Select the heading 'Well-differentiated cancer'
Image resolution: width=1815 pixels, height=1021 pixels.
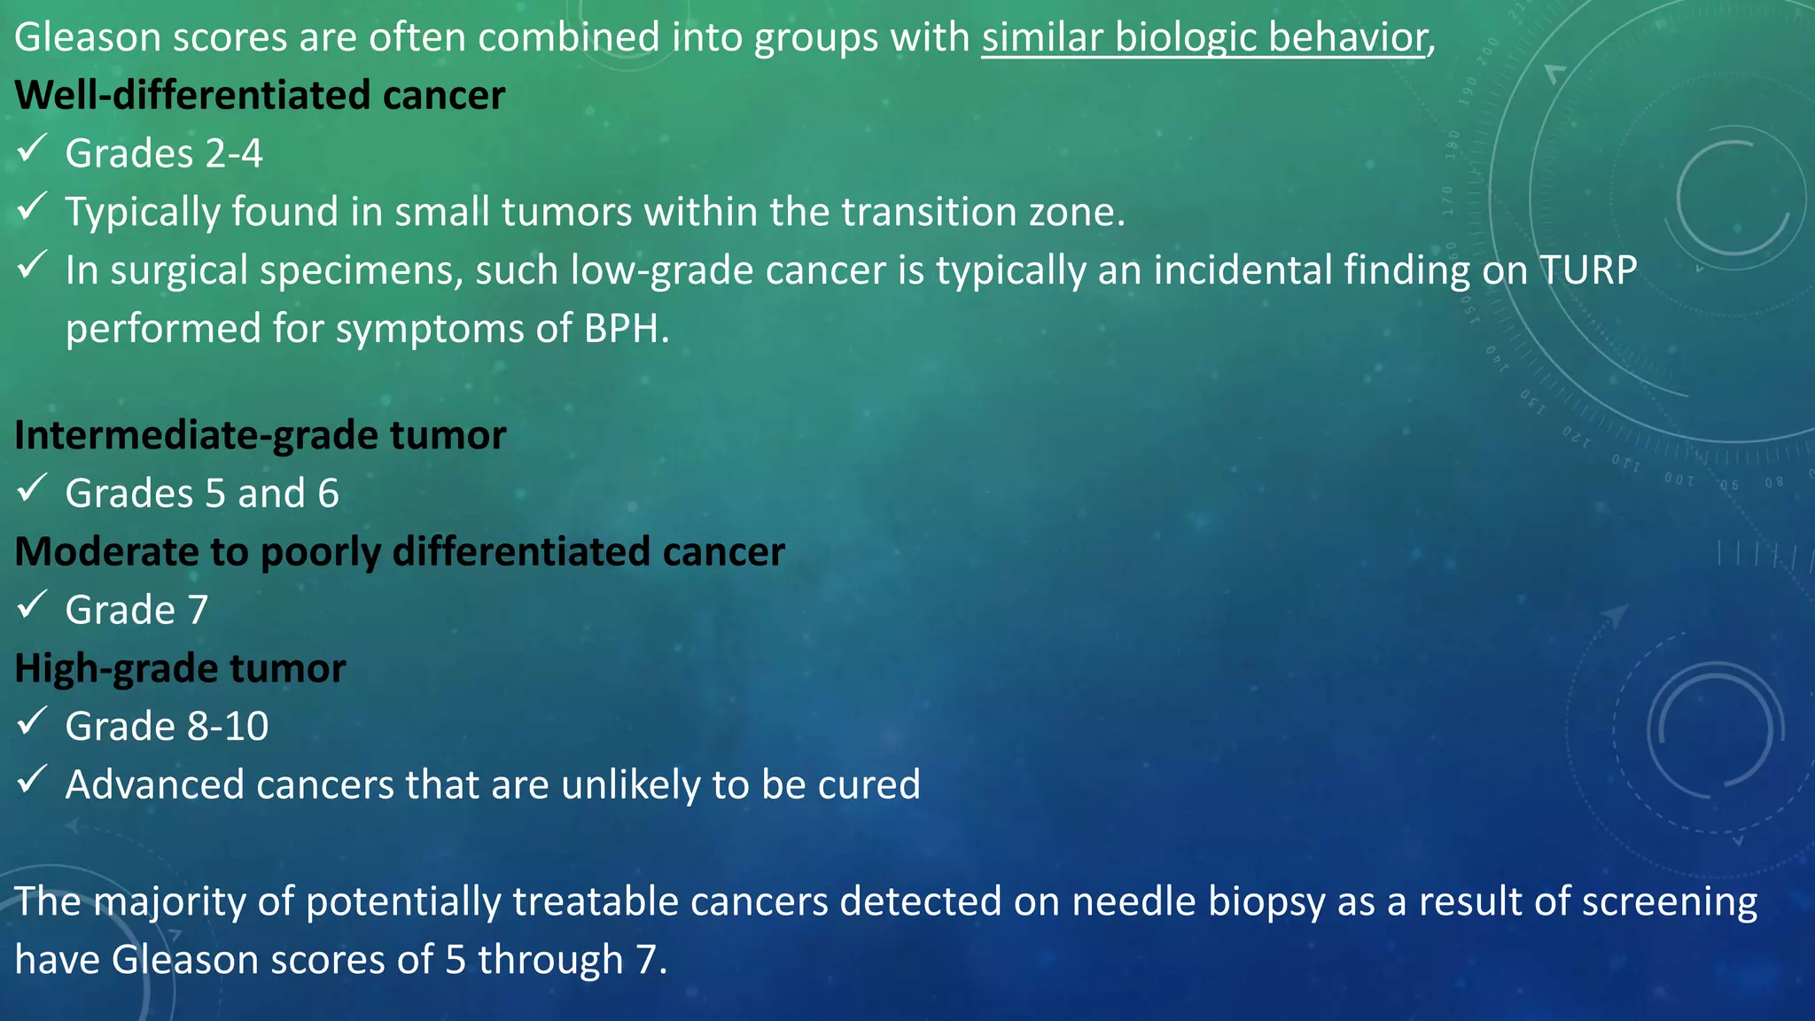pos(260,96)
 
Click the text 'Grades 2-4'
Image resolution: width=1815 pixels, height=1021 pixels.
pos(164,154)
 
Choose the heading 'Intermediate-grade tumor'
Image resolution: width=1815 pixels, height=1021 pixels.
pos(260,435)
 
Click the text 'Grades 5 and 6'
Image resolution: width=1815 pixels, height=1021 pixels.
pos(202,494)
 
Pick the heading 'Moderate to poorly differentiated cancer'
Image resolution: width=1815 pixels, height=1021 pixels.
pos(400,552)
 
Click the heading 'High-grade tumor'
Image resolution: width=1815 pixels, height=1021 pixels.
pos(180,668)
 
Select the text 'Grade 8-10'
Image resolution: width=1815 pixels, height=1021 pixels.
pos(167,727)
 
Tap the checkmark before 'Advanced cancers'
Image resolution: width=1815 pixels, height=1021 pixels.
pos(32,779)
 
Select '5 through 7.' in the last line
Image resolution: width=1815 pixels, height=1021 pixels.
pos(556,960)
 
